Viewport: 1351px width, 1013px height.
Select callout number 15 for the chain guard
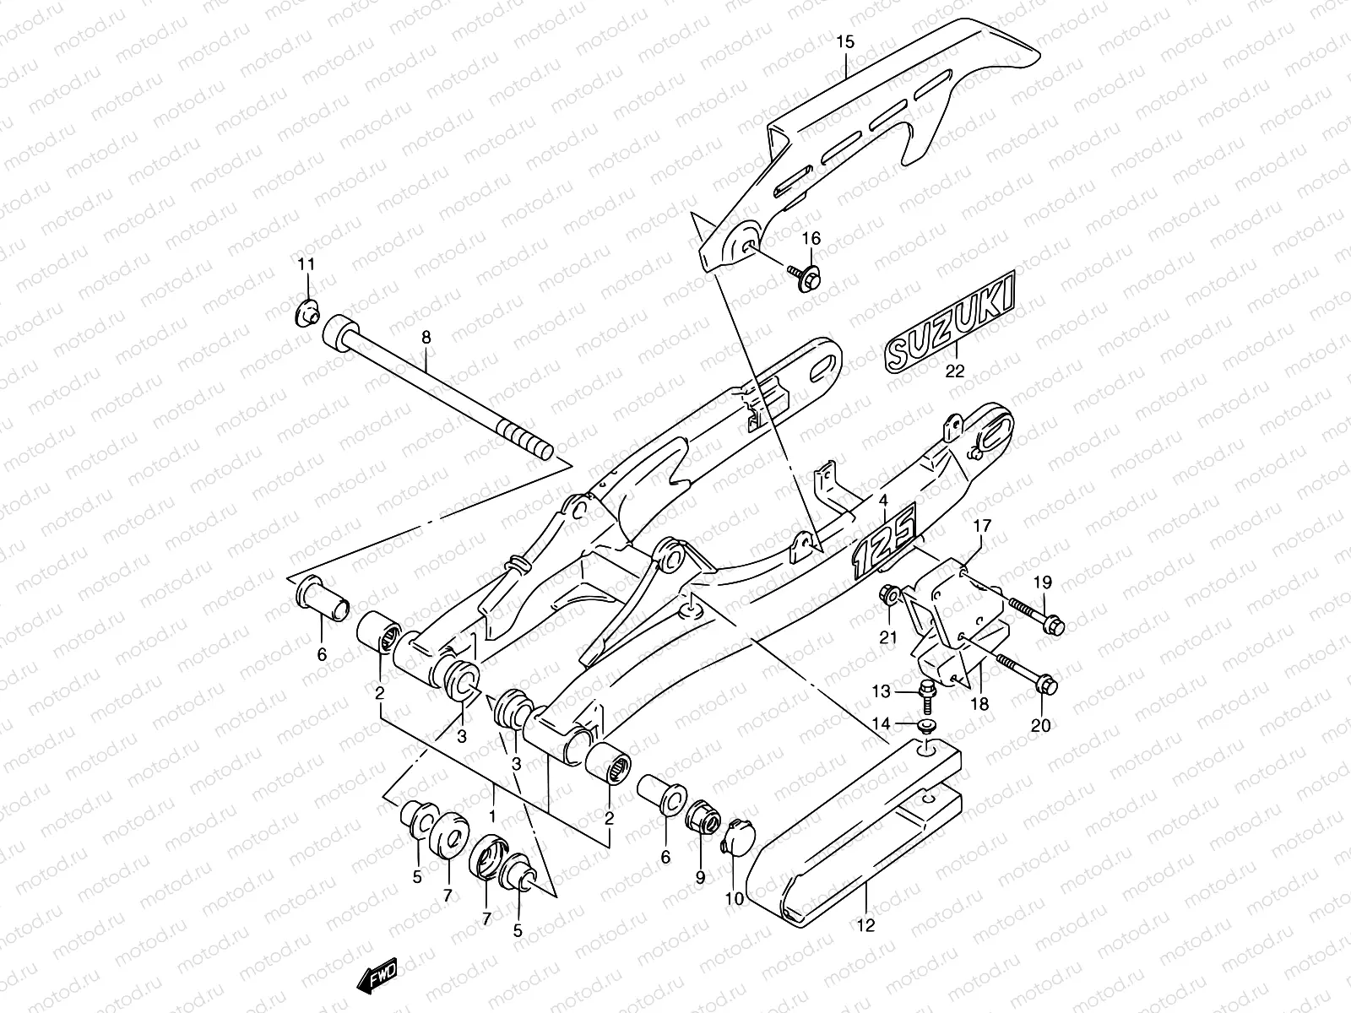coord(846,41)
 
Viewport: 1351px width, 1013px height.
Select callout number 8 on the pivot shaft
coord(426,338)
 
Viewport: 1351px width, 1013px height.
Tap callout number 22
coord(954,369)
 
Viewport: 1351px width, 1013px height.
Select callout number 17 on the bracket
coord(981,527)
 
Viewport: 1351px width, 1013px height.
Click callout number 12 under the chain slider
coord(865,926)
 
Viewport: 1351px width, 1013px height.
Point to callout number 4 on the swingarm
coord(883,501)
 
